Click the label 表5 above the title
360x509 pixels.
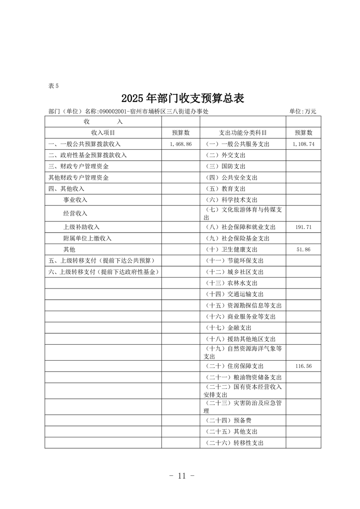point(53,86)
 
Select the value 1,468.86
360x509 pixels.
point(181,144)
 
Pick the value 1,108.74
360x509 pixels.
point(303,144)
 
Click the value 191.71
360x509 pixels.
point(303,227)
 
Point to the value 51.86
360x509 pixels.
point(303,250)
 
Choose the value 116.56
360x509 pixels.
point(303,366)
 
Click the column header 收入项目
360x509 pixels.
point(103,132)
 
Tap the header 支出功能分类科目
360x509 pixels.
point(243,132)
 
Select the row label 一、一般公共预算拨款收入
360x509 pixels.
point(84,144)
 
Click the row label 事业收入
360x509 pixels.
point(75,200)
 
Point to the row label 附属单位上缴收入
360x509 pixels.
point(87,238)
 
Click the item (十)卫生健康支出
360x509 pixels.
point(232,250)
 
